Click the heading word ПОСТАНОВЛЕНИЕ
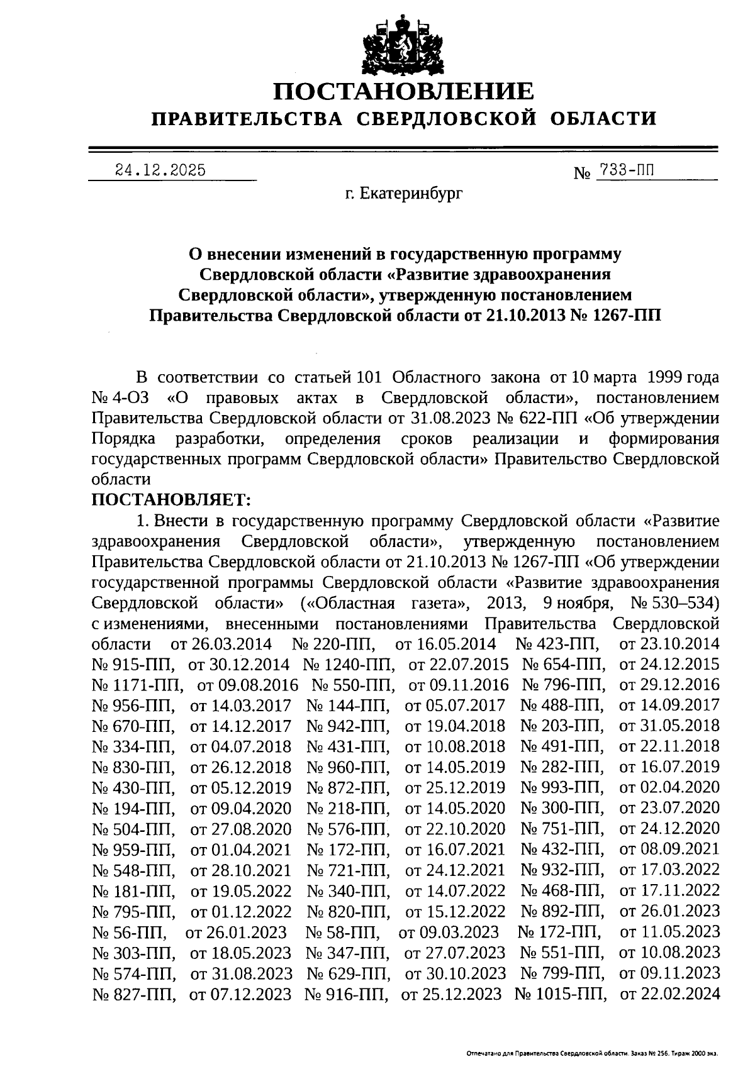[x=403, y=92]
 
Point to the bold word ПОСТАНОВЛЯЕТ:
[x=171, y=500]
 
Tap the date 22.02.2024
[x=669, y=994]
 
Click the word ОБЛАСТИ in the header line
[x=604, y=118]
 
